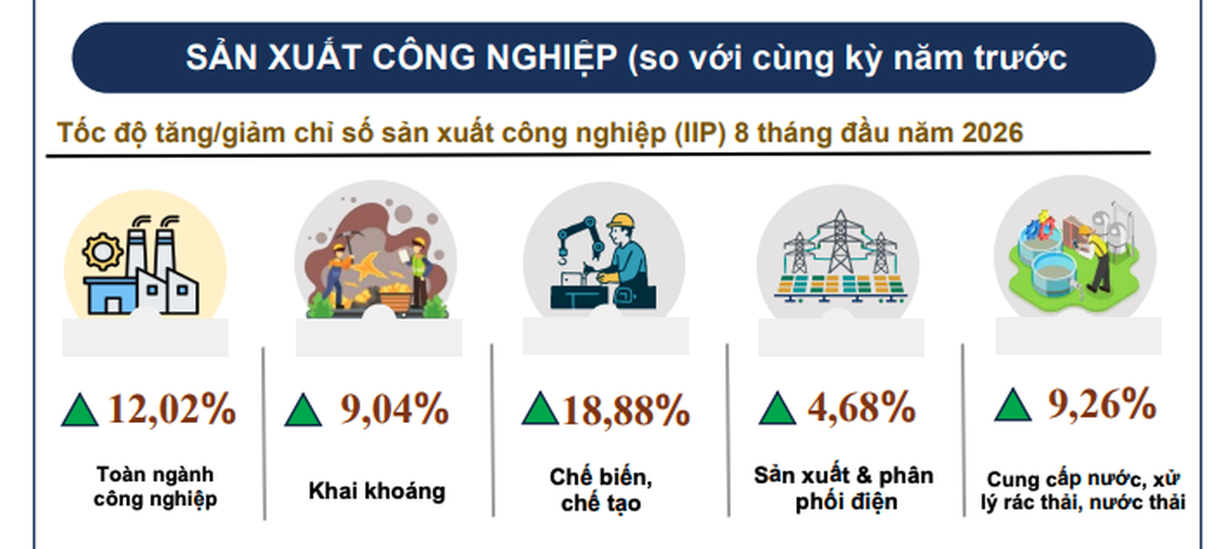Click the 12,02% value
172,409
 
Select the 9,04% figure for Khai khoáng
395,409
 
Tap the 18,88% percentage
625,411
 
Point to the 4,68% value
861,408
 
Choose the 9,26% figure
1102,405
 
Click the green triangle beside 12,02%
80,409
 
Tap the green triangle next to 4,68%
777,407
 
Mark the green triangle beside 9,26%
1013,404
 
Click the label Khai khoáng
377,491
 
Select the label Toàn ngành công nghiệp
155,486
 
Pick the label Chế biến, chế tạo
601,490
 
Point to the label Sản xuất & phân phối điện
844,488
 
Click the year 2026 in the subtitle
992,133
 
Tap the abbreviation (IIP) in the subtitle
700,134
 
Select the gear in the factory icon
103,252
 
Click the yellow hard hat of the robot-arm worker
622,221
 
